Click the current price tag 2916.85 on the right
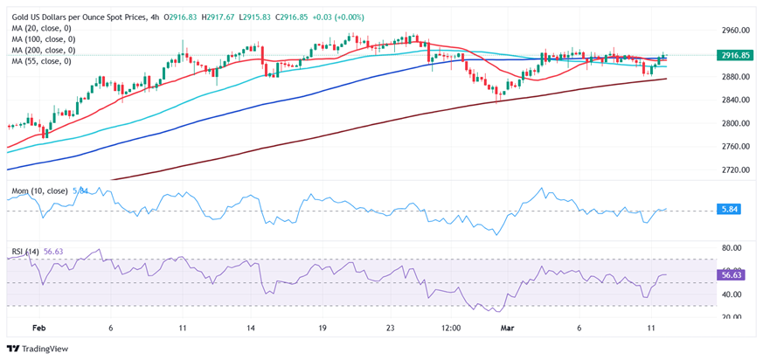736,55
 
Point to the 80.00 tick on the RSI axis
733,247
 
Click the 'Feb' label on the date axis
38,328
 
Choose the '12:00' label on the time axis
451,328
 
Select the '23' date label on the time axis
391,328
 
